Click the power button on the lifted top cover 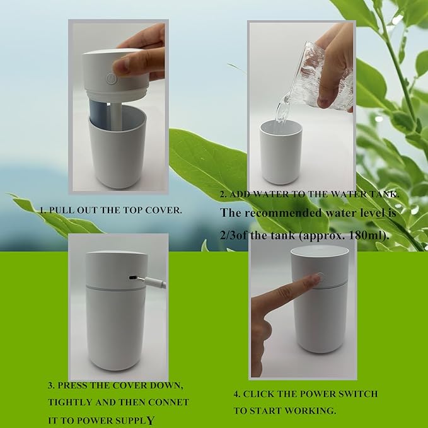point(111,79)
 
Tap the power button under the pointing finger point(320,276)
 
